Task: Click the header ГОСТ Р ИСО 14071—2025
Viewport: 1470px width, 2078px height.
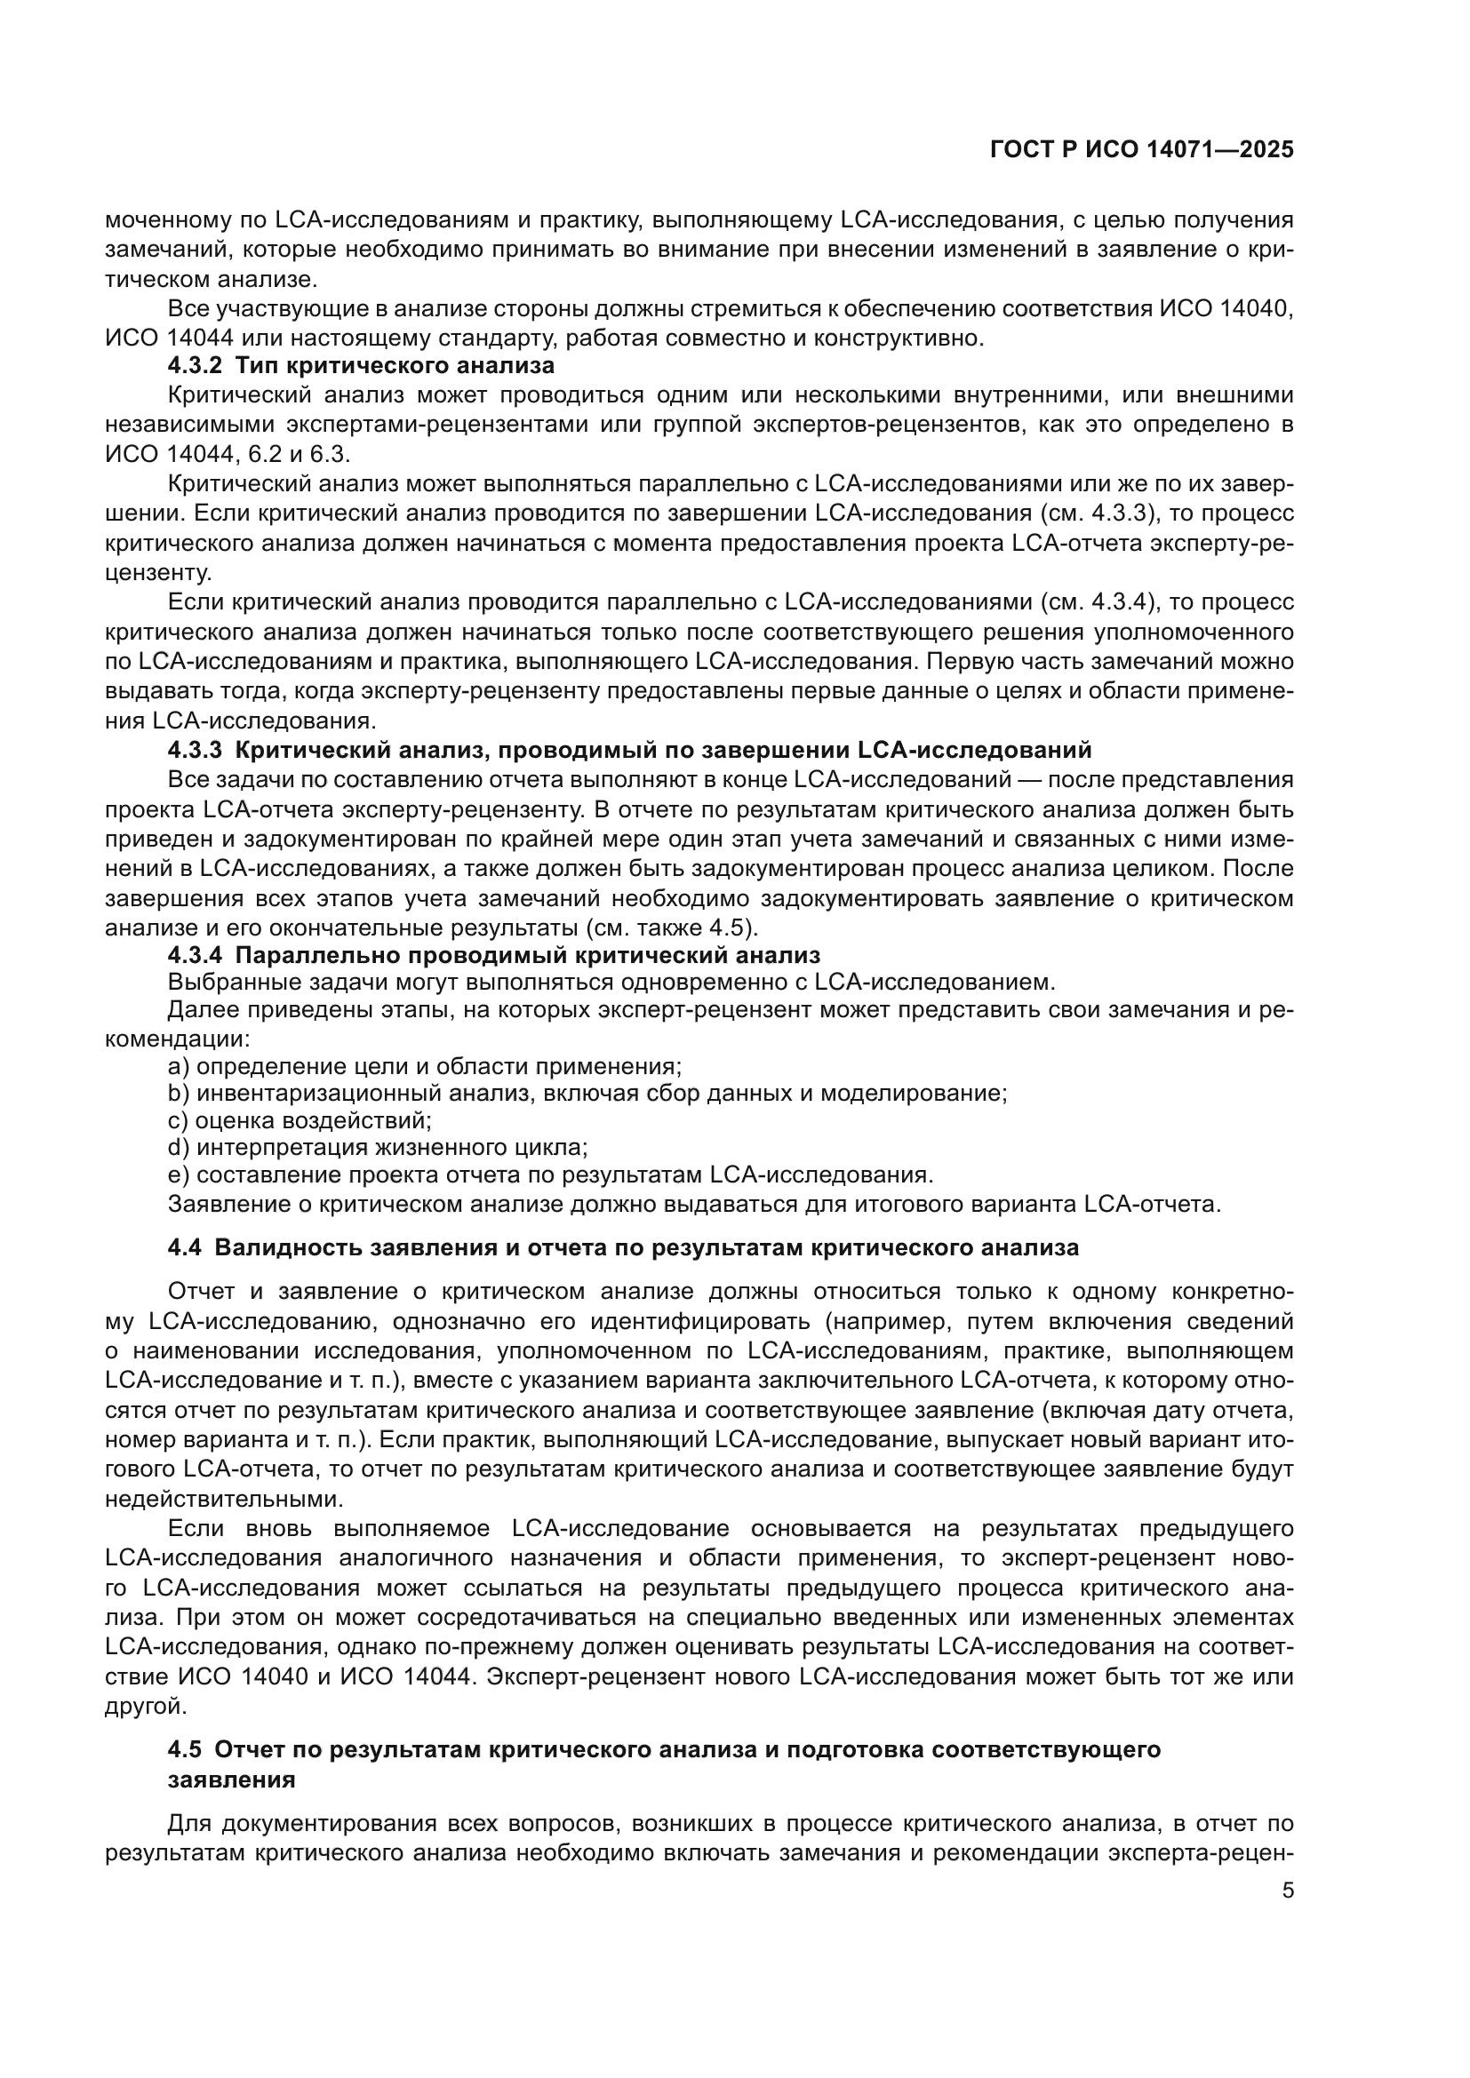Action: [x=1142, y=149]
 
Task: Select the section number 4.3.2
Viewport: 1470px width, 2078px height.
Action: [x=195, y=367]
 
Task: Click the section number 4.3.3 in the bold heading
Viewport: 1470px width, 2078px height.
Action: [x=195, y=751]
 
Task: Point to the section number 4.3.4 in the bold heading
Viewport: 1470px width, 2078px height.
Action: [x=195, y=955]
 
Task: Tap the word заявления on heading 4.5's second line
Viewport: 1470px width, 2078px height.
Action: [x=232, y=1779]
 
